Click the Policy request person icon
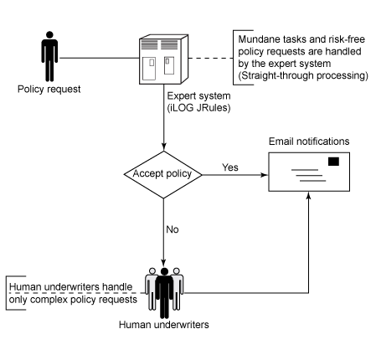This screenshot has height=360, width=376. [49, 56]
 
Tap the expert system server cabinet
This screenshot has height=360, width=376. [164, 59]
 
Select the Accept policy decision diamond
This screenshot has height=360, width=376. [163, 175]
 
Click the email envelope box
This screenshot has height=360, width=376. [309, 172]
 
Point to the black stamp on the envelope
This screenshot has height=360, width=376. [333, 162]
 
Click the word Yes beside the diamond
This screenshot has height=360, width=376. [230, 167]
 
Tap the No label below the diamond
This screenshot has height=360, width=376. [173, 229]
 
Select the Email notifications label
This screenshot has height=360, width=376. [309, 141]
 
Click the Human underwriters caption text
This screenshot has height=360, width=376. [164, 325]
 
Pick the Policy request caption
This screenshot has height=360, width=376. [49, 90]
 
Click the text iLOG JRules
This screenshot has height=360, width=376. [198, 108]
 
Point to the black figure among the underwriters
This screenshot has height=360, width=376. [164, 293]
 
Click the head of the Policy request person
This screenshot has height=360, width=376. [49, 34]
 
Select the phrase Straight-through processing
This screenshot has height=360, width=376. [303, 75]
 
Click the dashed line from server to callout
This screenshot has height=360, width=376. [211, 58]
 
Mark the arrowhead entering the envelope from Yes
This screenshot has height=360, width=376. [264, 175]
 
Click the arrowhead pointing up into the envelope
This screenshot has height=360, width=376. [308, 195]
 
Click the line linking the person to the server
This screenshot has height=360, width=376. [99, 58]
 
